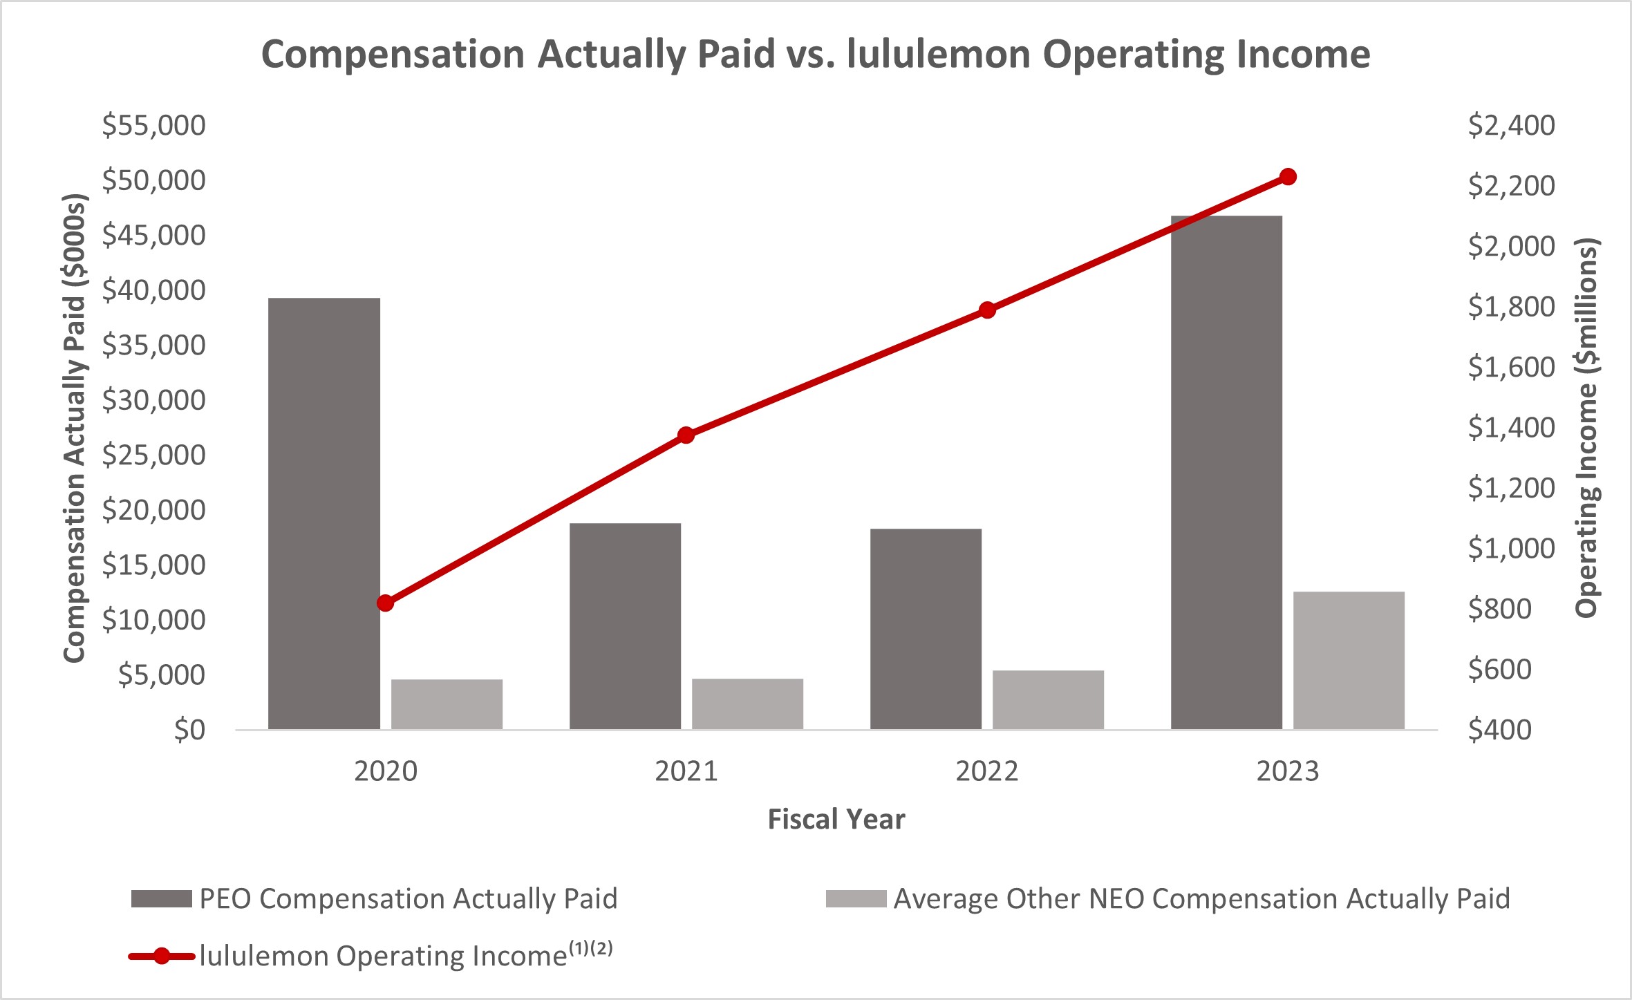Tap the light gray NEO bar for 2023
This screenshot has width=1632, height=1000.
[x=1349, y=660]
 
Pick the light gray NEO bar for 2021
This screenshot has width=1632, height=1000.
[x=747, y=704]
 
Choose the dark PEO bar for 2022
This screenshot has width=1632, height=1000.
[x=926, y=628]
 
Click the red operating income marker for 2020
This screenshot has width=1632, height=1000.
[x=386, y=603]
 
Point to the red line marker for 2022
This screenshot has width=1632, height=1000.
[x=987, y=310]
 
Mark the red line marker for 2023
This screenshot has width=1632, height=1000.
[x=1287, y=177]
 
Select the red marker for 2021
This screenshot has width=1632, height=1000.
[x=686, y=435]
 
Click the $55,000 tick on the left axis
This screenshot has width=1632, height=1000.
[x=153, y=125]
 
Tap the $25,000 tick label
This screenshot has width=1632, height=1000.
[x=153, y=455]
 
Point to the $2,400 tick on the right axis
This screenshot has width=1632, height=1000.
[x=1511, y=125]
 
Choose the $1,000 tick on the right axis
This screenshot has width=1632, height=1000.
[x=1511, y=548]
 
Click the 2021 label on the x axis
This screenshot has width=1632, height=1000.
[x=686, y=771]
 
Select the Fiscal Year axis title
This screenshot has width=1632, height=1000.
[x=836, y=819]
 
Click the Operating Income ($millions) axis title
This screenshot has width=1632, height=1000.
[x=1587, y=427]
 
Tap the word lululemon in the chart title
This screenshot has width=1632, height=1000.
[x=939, y=54]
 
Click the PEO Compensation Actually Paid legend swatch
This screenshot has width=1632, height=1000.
[x=161, y=898]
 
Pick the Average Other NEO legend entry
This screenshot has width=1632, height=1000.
[x=1201, y=898]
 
